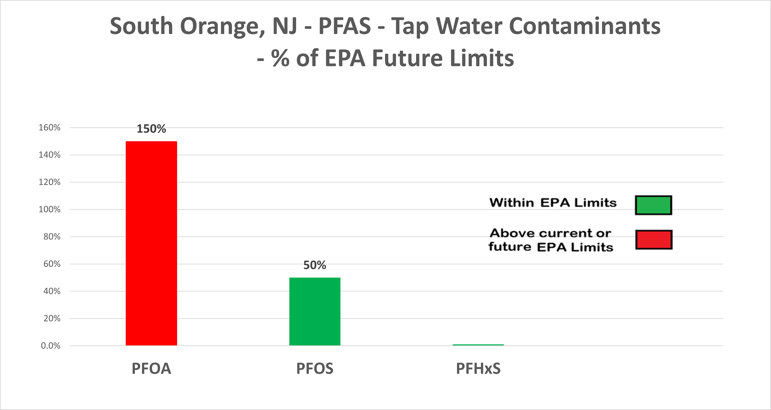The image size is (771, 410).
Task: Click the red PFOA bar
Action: pos(151,243)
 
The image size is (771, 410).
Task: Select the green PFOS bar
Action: pos(315,312)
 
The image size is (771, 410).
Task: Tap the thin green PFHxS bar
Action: pos(478,345)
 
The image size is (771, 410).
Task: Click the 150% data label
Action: pos(151,129)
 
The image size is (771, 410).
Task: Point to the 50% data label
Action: pos(315,265)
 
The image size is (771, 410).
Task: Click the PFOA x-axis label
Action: pos(151,368)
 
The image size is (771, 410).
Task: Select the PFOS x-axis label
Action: pos(315,368)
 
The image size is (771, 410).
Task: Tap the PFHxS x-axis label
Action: pos(478,368)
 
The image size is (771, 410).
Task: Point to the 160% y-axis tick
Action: pos(49,128)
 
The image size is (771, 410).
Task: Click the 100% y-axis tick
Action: pos(49,209)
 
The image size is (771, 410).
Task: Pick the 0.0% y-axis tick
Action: pos(51,346)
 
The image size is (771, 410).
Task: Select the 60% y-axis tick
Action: pos(52,264)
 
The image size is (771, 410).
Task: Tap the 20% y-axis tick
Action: pos(52,318)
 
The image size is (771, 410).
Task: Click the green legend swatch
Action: pos(653,205)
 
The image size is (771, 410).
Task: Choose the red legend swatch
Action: pos(654,240)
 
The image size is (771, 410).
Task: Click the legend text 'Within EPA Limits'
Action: pos(553,203)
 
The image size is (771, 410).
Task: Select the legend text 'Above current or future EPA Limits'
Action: pos(550,240)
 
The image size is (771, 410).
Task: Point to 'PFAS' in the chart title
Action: pos(345,26)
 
